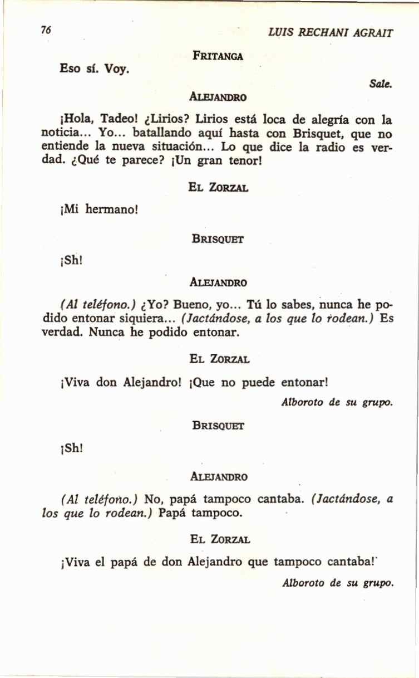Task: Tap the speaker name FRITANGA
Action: click(218, 55)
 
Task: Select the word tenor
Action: click(238, 162)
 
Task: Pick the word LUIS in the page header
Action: click(279, 33)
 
